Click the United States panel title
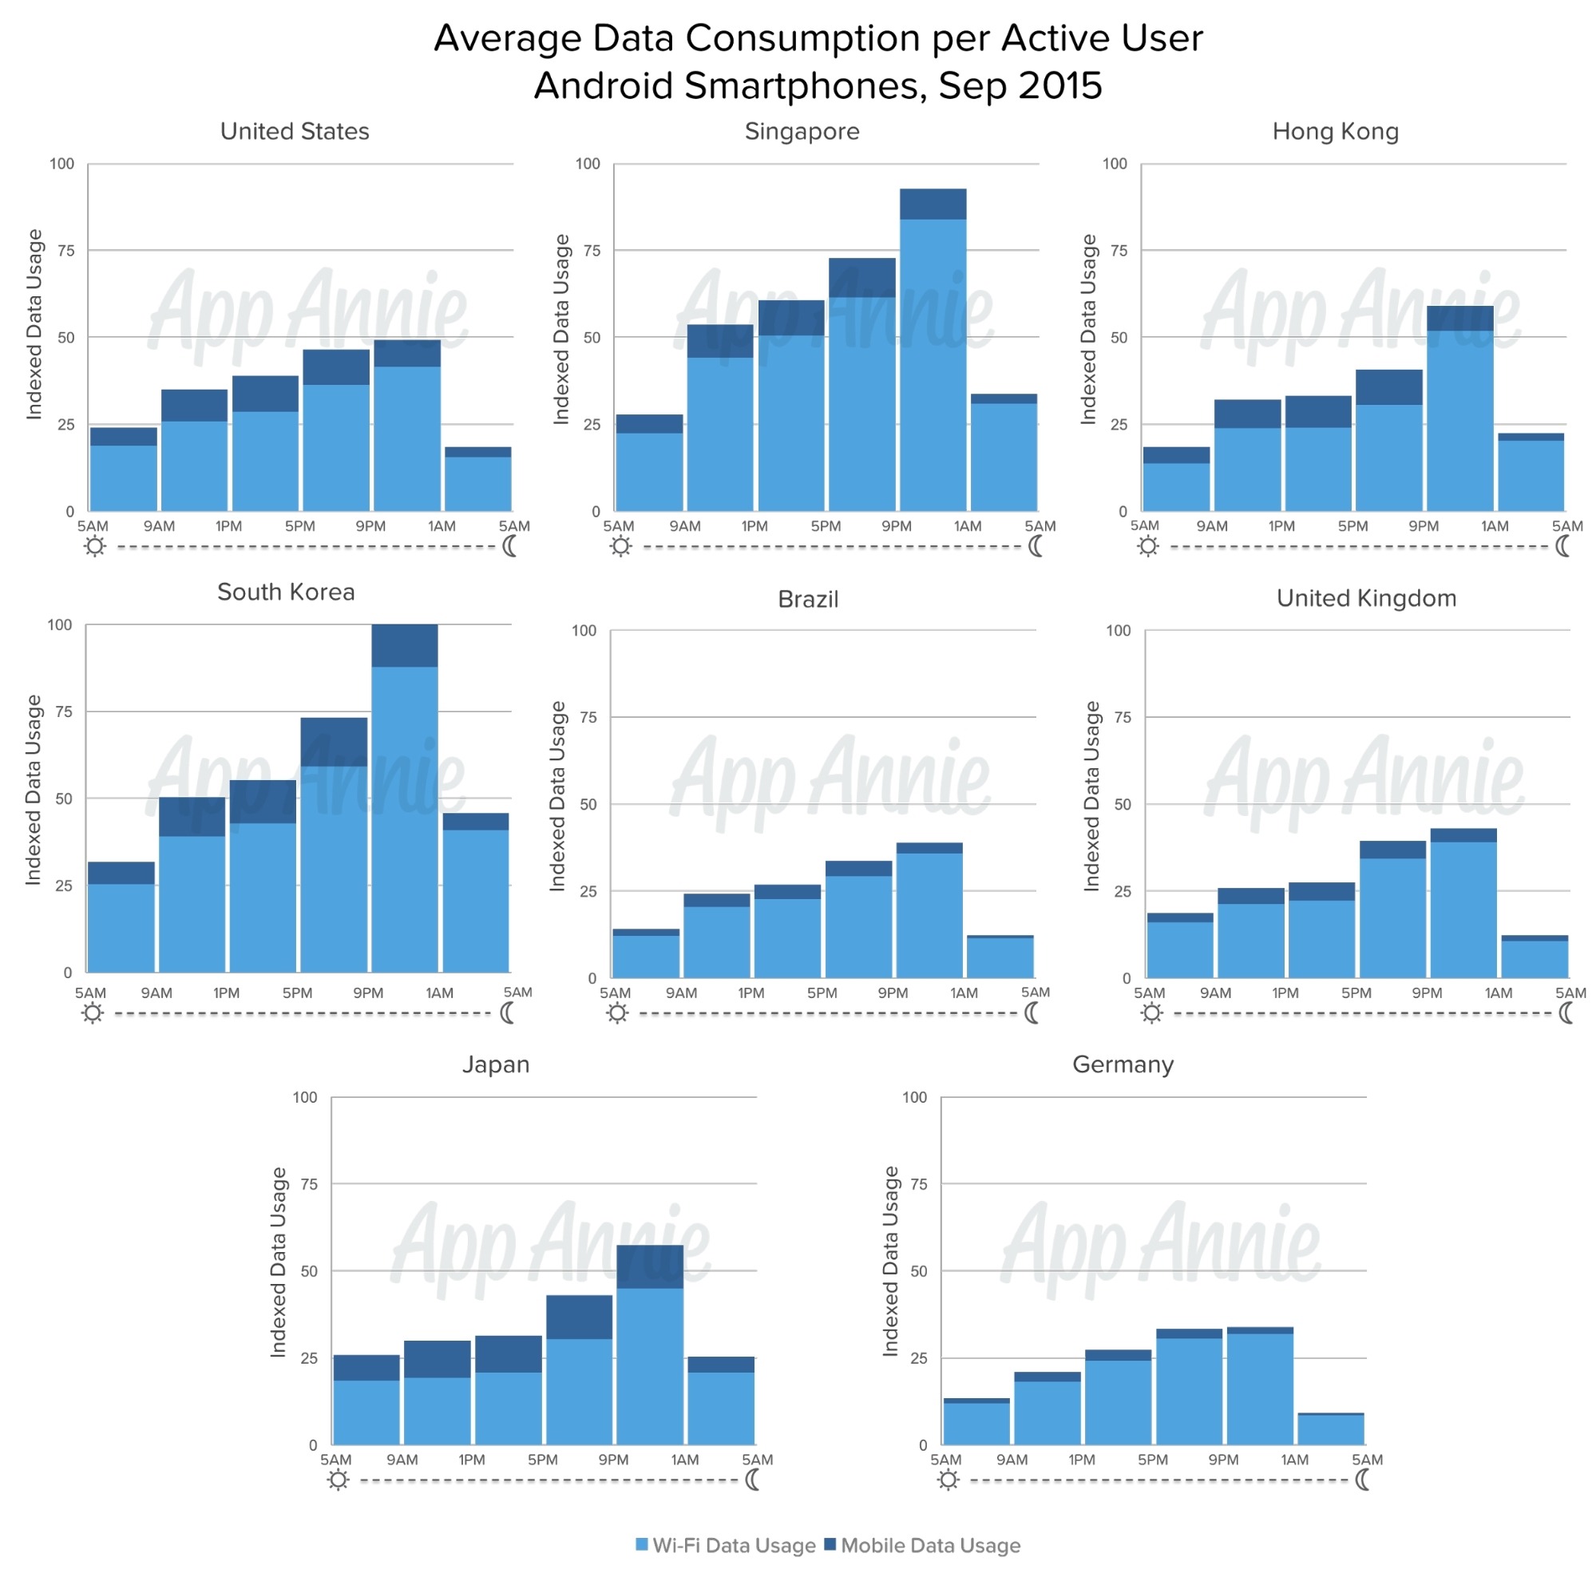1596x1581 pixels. coord(294,131)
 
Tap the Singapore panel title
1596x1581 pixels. coord(802,131)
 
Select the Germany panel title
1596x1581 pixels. coord(1123,1064)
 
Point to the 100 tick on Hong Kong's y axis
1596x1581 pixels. coord(1115,164)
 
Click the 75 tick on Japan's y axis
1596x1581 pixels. coord(309,1183)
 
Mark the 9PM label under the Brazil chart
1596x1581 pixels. coord(892,993)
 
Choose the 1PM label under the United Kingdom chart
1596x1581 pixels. coord(1285,993)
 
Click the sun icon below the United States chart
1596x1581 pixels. coord(95,546)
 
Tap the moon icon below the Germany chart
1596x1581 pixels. coord(1363,1480)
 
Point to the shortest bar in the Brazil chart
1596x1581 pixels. coord(1000,957)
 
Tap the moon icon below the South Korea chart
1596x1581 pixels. coord(507,1012)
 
